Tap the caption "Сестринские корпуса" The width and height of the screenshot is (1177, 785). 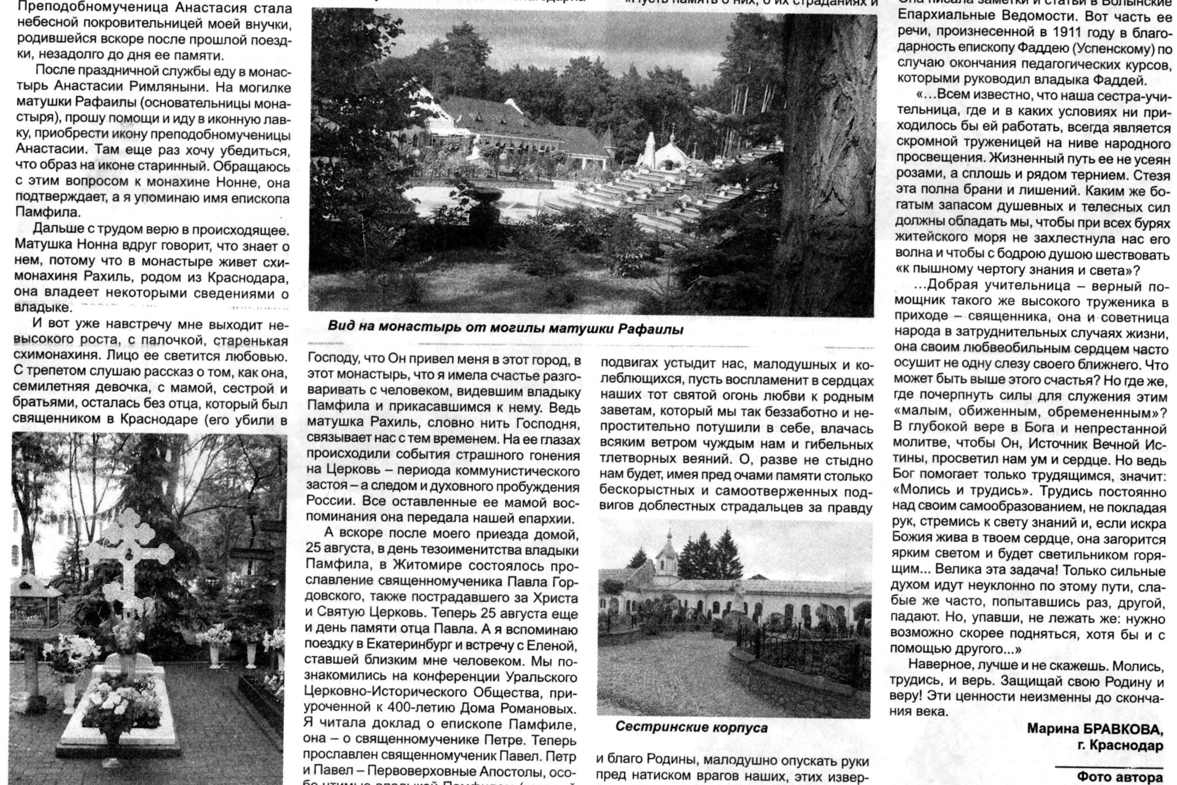point(691,728)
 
